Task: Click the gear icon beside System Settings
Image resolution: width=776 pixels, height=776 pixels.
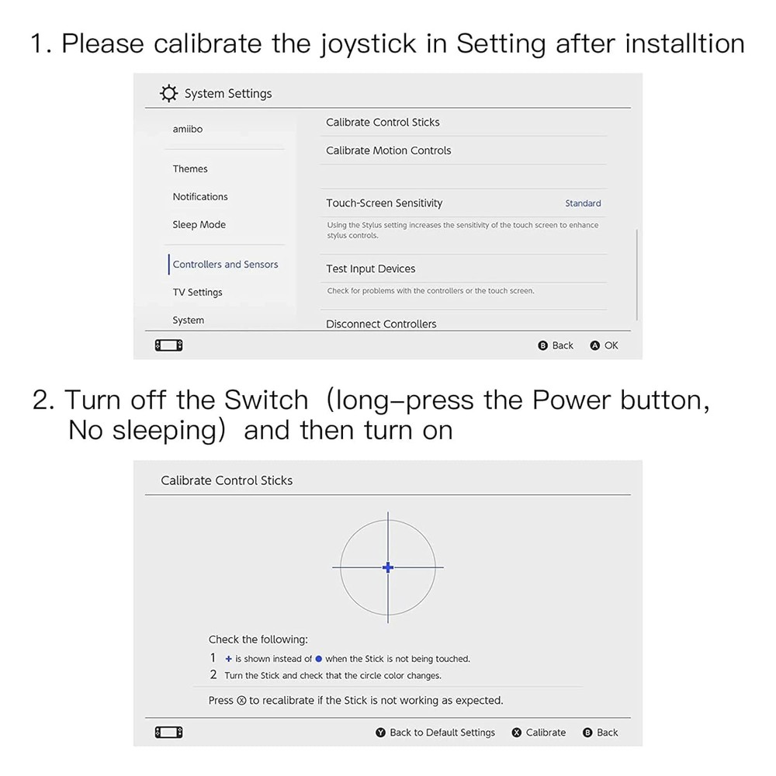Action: tap(168, 94)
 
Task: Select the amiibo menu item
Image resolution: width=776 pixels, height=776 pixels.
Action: tap(188, 129)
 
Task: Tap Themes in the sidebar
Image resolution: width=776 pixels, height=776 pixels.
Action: tap(190, 168)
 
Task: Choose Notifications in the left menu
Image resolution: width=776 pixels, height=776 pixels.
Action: tap(200, 196)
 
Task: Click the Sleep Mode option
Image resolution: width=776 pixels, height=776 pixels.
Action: tap(199, 224)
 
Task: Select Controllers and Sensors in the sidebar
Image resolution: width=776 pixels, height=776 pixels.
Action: tap(225, 264)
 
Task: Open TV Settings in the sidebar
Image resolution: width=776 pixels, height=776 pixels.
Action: tap(197, 292)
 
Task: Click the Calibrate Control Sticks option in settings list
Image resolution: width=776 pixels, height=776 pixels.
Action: tap(383, 122)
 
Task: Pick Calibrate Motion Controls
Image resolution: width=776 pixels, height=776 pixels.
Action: tap(388, 151)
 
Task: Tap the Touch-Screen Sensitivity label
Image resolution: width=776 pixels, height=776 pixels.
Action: tap(384, 203)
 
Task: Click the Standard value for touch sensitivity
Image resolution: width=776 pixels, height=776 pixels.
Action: tap(583, 203)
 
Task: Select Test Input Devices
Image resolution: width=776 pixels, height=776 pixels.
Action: tap(370, 268)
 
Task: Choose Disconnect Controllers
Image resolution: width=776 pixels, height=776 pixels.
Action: tap(381, 324)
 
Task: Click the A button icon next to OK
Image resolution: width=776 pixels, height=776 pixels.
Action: tap(595, 345)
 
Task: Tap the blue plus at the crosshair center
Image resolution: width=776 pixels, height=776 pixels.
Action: tap(388, 567)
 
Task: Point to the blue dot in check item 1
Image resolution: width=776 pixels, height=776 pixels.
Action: tap(318, 659)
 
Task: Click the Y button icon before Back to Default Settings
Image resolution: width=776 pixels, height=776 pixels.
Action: tap(381, 733)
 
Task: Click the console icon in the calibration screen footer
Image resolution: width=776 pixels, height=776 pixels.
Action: tap(169, 733)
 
